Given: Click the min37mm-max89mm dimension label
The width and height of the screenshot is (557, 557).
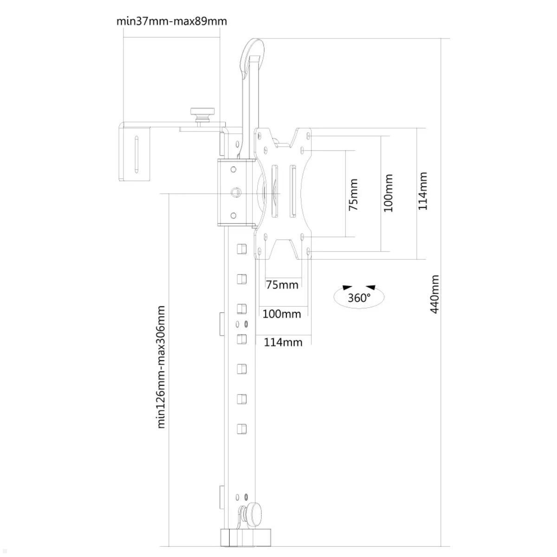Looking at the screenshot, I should pyautogui.click(x=171, y=21).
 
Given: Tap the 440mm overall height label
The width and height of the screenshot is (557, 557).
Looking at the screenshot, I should pyautogui.click(x=435, y=294).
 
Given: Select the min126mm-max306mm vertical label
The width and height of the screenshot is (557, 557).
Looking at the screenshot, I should pyautogui.click(x=161, y=367).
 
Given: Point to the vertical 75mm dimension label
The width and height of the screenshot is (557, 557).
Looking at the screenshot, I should pyautogui.click(x=353, y=194).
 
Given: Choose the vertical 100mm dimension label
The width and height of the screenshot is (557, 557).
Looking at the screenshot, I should pyautogui.click(x=388, y=193).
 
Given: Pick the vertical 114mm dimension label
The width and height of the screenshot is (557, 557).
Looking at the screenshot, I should pyautogui.click(x=422, y=191).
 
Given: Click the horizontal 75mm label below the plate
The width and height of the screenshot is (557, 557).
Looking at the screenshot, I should pyautogui.click(x=282, y=284).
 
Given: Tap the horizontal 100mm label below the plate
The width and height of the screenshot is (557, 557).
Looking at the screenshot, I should pyautogui.click(x=282, y=314).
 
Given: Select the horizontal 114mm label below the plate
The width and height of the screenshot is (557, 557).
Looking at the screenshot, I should pyautogui.click(x=283, y=343).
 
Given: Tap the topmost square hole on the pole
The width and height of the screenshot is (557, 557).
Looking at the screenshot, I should pyautogui.click(x=241, y=249).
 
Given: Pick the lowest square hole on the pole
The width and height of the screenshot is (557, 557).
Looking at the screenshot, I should pyautogui.click(x=241, y=429).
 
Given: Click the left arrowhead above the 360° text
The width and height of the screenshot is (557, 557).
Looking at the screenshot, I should pyautogui.click(x=346, y=287).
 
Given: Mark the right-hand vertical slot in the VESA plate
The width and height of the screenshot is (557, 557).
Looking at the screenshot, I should pyautogui.click(x=293, y=191).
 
